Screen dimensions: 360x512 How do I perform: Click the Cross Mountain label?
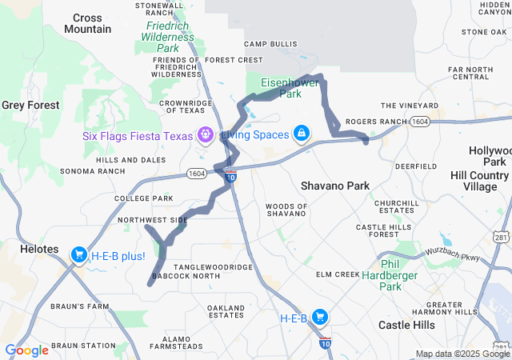pos(87,23)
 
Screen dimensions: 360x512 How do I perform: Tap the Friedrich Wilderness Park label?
pos(169,36)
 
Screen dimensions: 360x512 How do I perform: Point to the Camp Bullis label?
pos(266,43)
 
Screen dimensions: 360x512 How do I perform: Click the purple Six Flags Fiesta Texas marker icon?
pos(206,134)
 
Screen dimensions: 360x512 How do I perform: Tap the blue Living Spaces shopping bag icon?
pos(301,133)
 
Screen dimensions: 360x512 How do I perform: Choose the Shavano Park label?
pos(335,186)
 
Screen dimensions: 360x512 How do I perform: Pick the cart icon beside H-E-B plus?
pos(78,255)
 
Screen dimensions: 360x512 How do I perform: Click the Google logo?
pos(26,350)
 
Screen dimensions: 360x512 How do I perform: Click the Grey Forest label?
pos(30,105)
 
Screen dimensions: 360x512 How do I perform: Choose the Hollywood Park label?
pos(489,156)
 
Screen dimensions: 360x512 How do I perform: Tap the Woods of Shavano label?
pos(286,210)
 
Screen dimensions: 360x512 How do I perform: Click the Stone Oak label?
pos(484,32)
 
